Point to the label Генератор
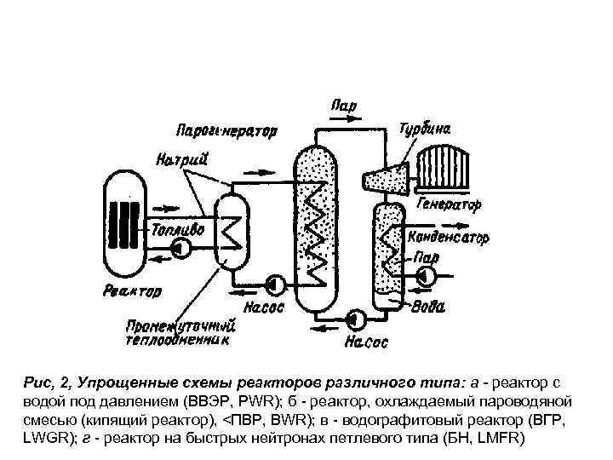pyautogui.click(x=450, y=205)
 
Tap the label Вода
pyautogui.click(x=427, y=308)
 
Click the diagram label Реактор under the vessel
pyautogui.click(x=132, y=291)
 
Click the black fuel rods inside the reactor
pyautogui.click(x=129, y=223)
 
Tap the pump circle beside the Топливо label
pyautogui.click(x=180, y=248)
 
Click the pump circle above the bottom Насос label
pyautogui.click(x=357, y=319)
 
